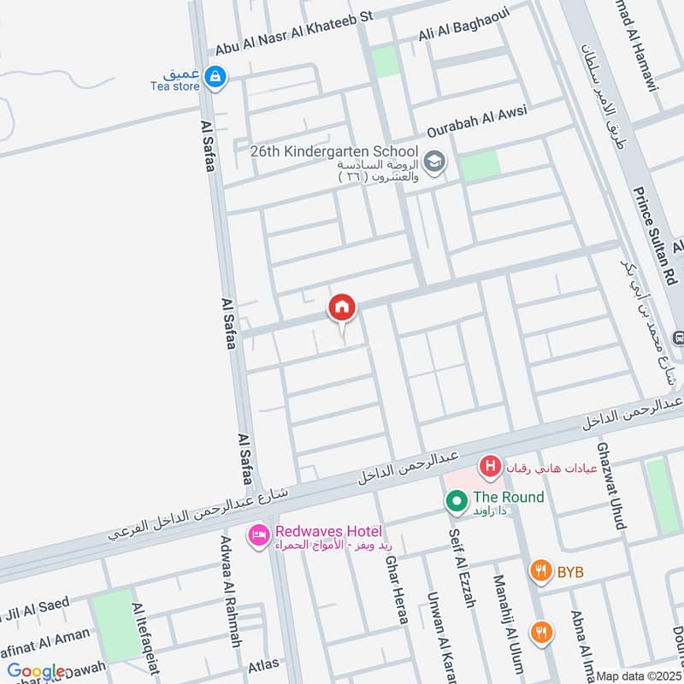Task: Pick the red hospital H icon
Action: [490, 466]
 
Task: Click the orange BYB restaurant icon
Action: [540, 571]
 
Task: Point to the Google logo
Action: [36, 672]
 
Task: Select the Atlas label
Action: [262, 663]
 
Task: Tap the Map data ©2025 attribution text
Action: [639, 675]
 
